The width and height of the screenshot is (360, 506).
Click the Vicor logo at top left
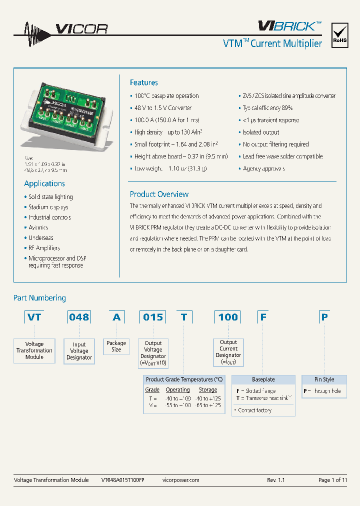60,28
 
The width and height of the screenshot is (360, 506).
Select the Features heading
143,82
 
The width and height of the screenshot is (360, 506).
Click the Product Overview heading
159,194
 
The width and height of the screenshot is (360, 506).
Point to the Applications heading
44,183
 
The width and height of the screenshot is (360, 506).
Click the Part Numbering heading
39,298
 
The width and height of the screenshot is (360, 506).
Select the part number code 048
79,317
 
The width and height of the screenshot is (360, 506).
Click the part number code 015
153,317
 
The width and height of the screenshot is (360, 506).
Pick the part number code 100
228,317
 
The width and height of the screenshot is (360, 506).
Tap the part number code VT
34,317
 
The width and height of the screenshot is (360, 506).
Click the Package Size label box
116,346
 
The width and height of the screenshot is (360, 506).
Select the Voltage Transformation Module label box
34,350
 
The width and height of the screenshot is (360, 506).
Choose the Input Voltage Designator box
79,351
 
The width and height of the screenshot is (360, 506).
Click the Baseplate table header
263,379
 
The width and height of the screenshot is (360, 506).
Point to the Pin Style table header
324,379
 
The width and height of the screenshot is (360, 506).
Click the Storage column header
208,389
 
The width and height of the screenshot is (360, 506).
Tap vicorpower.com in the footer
181,480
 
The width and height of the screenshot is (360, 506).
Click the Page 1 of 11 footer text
332,480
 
